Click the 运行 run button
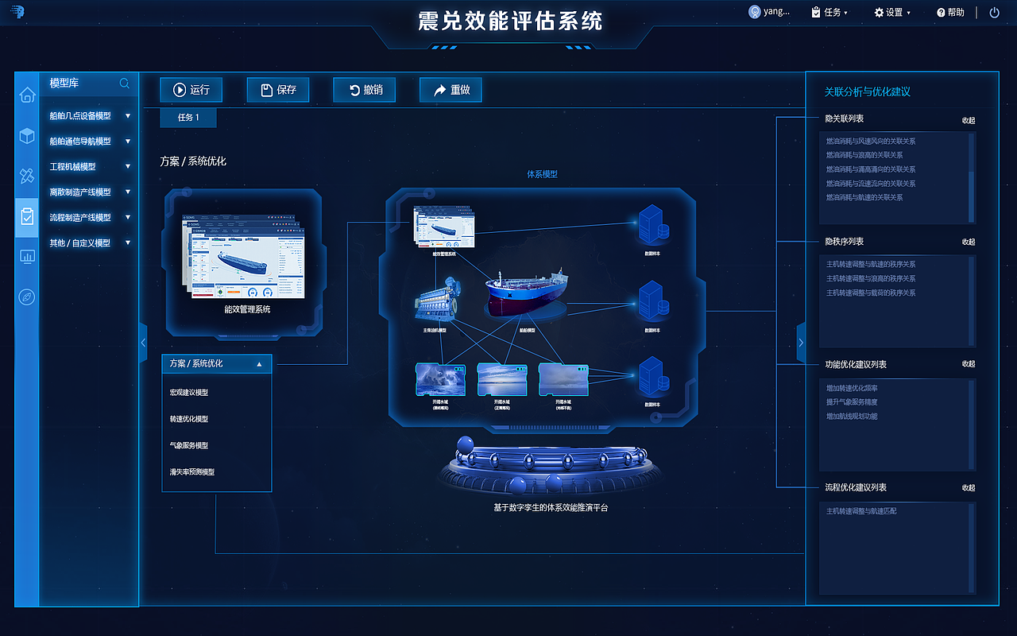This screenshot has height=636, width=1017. (191, 91)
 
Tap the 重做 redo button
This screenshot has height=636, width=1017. (450, 91)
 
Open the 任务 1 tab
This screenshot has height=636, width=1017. (188, 118)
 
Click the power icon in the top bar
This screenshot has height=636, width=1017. (994, 13)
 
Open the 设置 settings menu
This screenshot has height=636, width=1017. (892, 13)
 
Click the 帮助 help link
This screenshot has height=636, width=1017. (950, 13)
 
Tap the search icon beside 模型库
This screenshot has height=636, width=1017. (125, 83)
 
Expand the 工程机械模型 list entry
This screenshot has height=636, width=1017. (89, 167)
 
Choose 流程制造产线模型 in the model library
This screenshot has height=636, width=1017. (89, 218)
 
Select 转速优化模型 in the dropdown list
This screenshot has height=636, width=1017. (189, 419)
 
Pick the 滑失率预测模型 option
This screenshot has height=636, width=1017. (192, 472)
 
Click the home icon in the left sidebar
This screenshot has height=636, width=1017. (27, 95)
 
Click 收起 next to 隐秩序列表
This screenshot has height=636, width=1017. (968, 242)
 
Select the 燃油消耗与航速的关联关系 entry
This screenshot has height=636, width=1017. (864, 197)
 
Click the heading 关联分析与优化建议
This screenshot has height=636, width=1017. (868, 92)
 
